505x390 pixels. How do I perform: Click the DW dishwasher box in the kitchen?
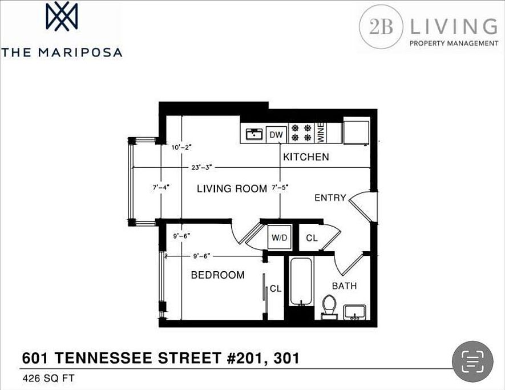(x=276, y=135)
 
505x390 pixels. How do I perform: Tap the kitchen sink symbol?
(x=254, y=134)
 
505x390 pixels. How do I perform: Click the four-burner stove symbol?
(x=301, y=133)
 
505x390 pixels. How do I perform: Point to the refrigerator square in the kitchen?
(x=356, y=132)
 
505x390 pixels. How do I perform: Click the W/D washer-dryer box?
(x=279, y=238)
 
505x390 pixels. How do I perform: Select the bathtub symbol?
(x=301, y=281)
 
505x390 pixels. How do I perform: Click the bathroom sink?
(x=354, y=312)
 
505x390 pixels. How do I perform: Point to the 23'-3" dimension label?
(x=201, y=168)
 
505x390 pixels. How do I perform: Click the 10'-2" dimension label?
(x=181, y=148)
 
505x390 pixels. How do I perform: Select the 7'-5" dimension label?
(x=280, y=188)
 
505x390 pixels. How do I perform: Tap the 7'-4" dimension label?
(x=161, y=187)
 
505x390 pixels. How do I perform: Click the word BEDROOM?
(x=218, y=275)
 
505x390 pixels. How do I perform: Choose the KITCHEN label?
(x=306, y=157)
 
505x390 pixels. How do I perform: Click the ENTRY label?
(x=330, y=198)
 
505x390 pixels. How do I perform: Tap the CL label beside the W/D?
(x=312, y=238)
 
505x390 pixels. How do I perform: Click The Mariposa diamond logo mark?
(x=62, y=17)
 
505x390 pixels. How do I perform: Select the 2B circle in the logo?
(x=381, y=27)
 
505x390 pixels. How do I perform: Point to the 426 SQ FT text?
(x=49, y=378)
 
